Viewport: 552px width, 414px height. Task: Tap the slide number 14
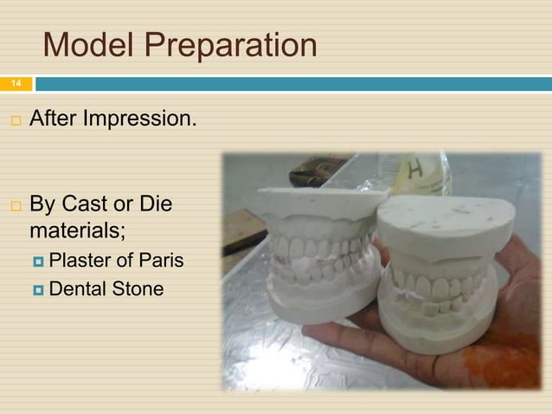point(15,83)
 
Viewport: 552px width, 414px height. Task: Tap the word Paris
point(164,261)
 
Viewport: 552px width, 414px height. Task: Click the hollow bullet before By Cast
point(14,207)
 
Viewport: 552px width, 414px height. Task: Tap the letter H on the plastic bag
point(415,172)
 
